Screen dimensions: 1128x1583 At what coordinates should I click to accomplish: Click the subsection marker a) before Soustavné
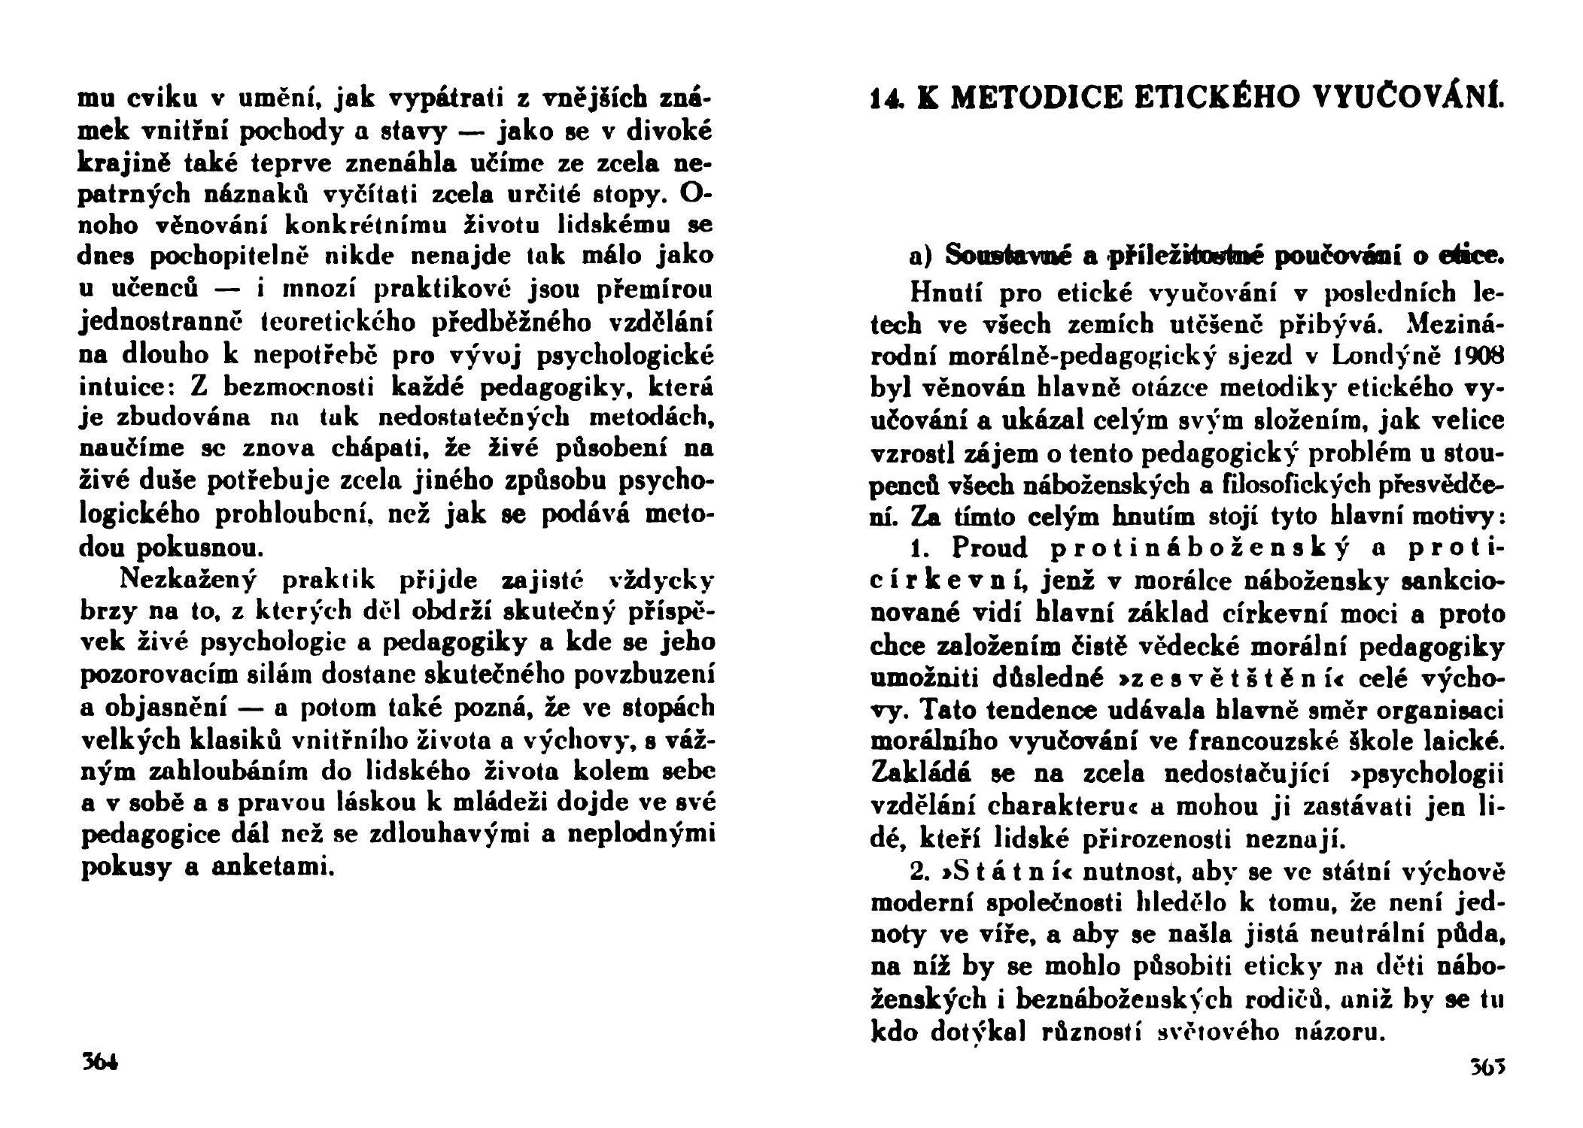tap(920, 256)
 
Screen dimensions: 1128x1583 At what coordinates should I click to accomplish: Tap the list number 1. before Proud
tap(921, 547)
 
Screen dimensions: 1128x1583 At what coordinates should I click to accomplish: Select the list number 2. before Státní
tap(920, 872)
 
